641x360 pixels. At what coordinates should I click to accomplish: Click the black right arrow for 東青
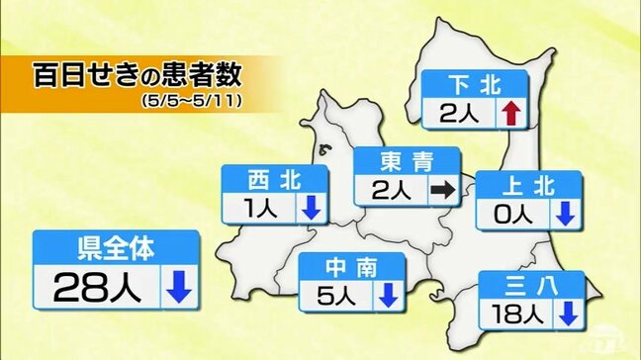point(443,188)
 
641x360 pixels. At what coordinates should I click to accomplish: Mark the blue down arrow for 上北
point(565,213)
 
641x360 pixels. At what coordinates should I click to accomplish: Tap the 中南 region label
point(352,267)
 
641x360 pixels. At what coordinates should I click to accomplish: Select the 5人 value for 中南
point(334,294)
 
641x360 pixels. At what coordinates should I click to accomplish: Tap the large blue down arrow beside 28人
point(178,288)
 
